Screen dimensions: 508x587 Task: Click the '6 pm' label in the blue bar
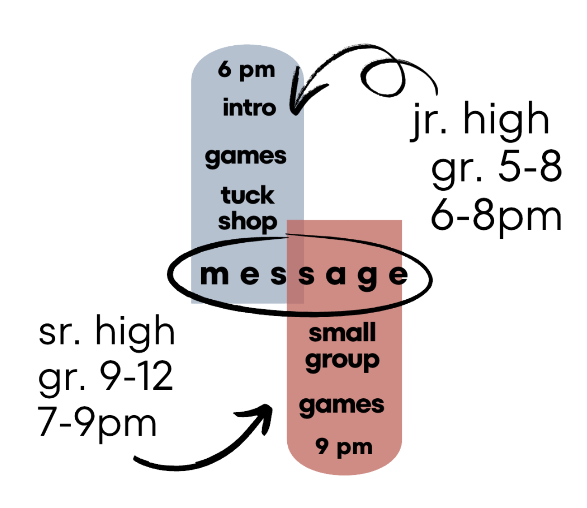point(246,71)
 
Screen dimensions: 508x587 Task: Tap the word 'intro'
point(249,108)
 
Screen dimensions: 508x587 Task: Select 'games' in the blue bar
point(246,157)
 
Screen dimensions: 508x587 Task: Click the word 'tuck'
point(247,195)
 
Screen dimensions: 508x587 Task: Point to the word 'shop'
point(247,222)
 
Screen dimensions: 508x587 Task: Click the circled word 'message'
point(303,275)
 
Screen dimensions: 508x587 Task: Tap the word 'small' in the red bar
point(342,333)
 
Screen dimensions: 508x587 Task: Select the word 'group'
point(342,361)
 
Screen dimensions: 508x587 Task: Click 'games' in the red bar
point(341,405)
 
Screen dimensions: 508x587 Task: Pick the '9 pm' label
point(344,447)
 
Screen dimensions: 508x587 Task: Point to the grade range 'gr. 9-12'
point(106,377)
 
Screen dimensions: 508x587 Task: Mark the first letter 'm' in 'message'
point(214,275)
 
